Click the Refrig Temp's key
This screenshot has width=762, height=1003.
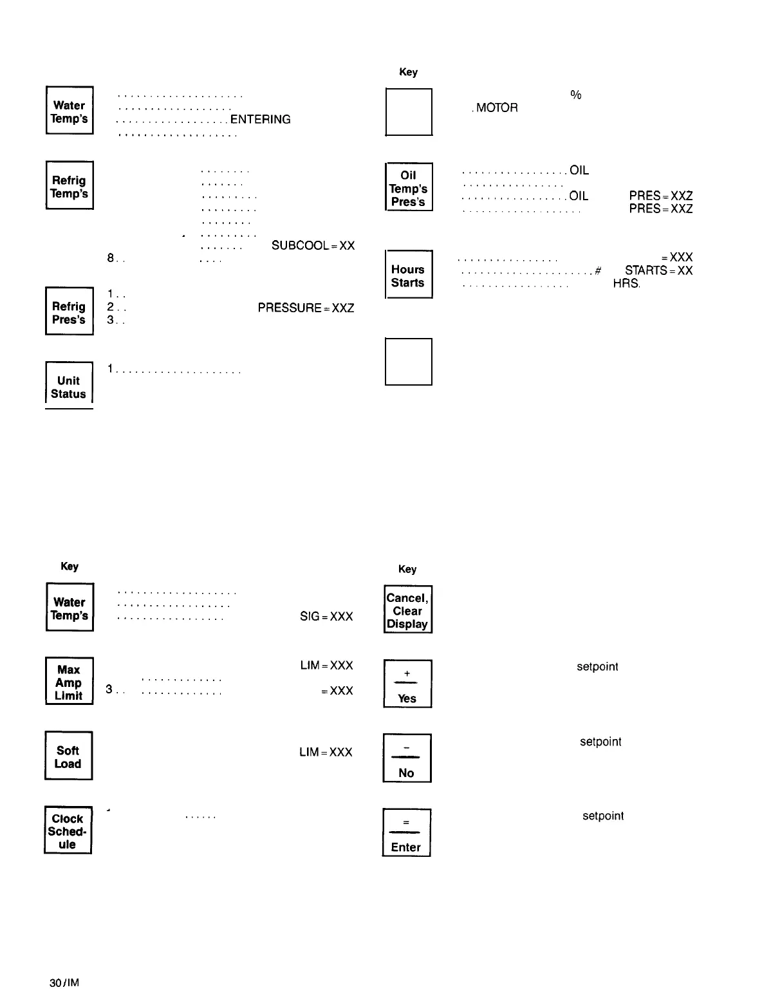click(70, 185)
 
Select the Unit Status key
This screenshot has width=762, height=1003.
click(69, 386)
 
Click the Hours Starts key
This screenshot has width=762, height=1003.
click(408, 275)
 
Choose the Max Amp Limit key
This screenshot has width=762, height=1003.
click(69, 682)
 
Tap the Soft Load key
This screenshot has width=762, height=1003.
click(68, 756)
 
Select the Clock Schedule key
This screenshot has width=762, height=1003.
click(68, 830)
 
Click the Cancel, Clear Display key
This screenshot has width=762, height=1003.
click(407, 610)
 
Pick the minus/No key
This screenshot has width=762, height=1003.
click(407, 758)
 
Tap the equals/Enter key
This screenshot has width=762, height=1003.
click(407, 833)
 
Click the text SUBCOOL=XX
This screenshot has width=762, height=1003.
click(313, 246)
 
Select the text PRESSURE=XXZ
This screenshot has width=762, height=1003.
click(306, 308)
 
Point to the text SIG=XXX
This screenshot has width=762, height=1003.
click(326, 617)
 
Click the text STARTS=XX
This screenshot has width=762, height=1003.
click(658, 271)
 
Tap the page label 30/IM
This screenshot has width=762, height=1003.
click(64, 983)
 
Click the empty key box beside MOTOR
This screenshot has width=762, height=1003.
click(408, 112)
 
